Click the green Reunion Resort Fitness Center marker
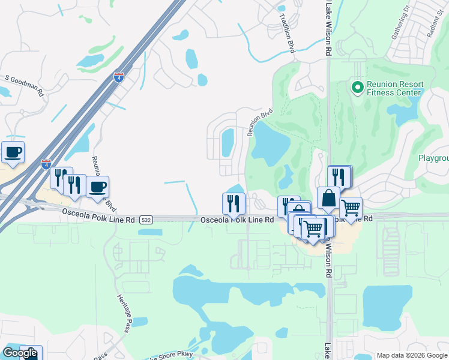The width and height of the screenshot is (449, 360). pyautogui.click(x=358, y=88)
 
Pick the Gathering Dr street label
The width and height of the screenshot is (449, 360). pyautogui.click(x=400, y=24)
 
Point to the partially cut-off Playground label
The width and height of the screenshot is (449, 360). pyautogui.click(x=433, y=158)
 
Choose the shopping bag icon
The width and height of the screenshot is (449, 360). pyautogui.click(x=328, y=199)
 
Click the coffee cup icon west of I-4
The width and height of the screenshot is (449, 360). pyautogui.click(x=13, y=152)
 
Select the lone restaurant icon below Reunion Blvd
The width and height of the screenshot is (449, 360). pyautogui.click(x=234, y=203)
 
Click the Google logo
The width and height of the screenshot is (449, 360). pyautogui.click(x=19, y=353)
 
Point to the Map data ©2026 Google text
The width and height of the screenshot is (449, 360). pyautogui.click(x=412, y=355)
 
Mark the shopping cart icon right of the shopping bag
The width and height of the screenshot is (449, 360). pyautogui.click(x=351, y=208)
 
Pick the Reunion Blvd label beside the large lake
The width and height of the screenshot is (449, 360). pyautogui.click(x=261, y=122)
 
